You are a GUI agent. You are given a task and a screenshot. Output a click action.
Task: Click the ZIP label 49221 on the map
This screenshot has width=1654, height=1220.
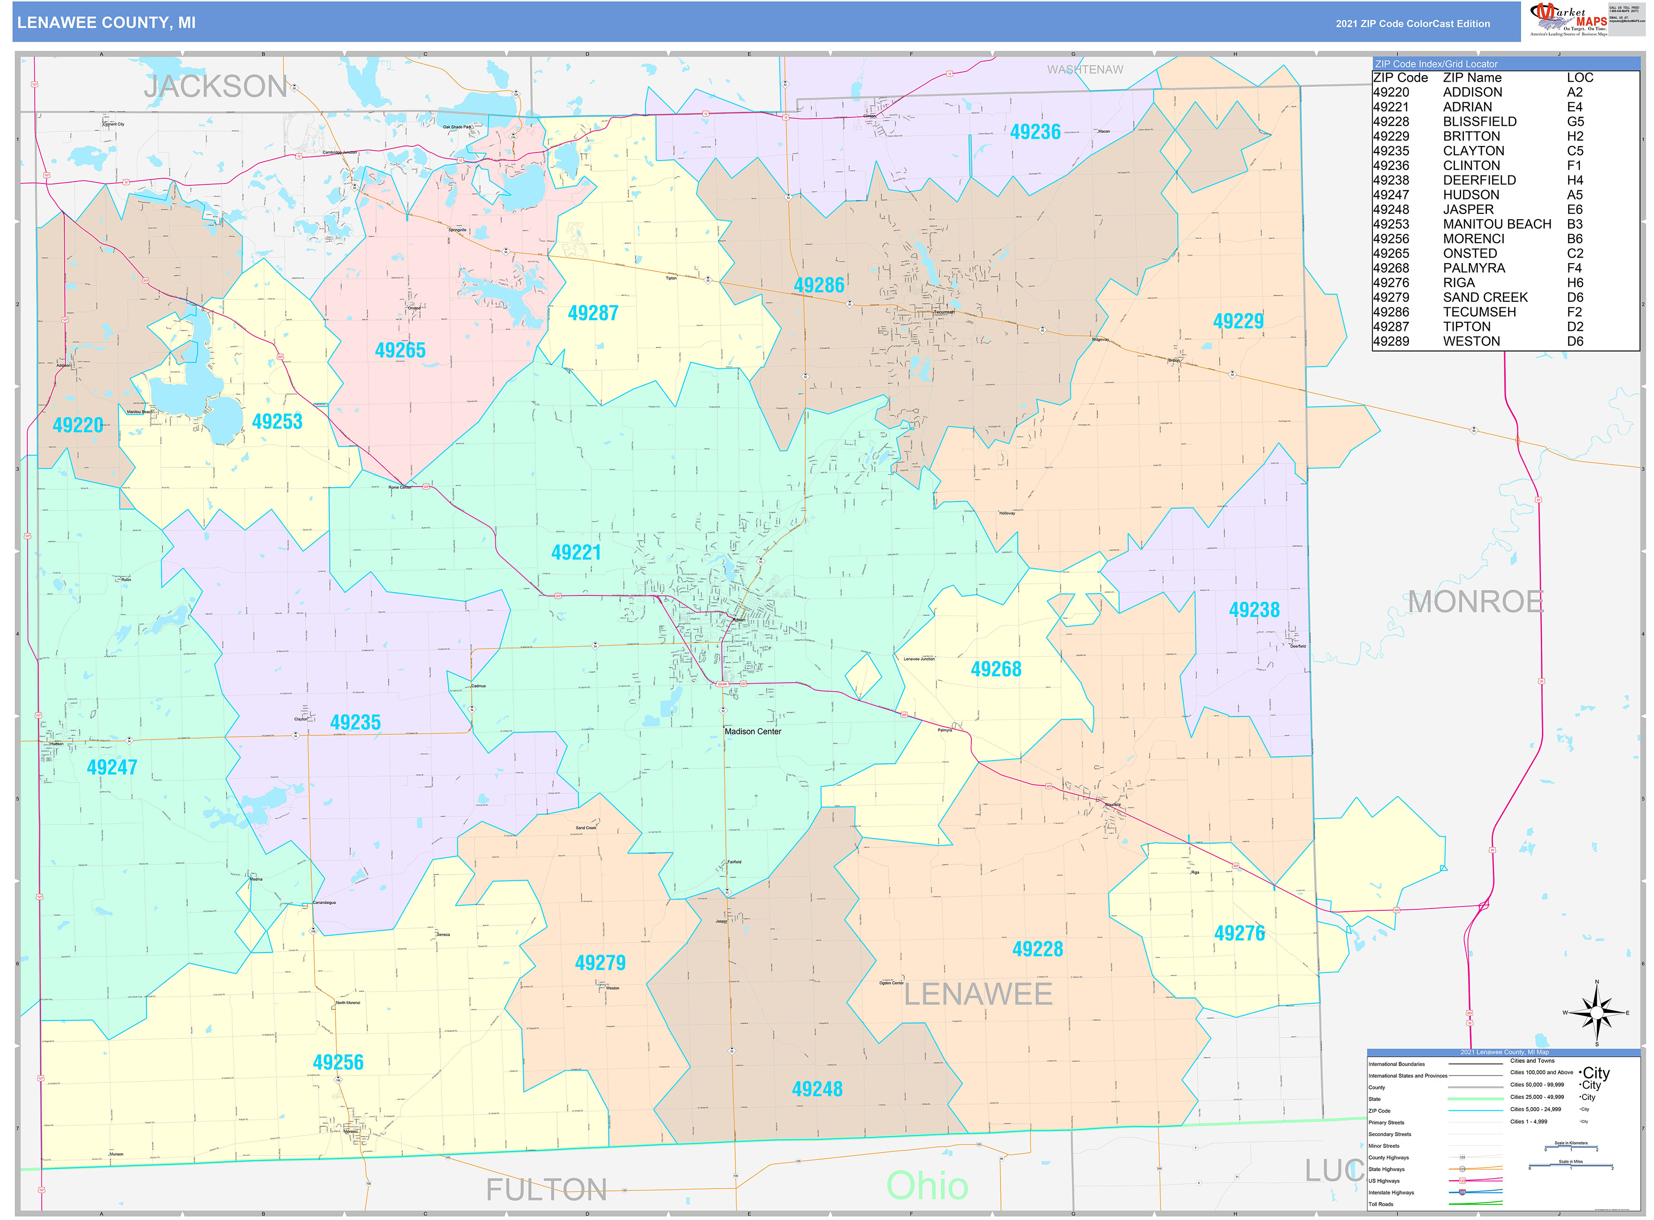pos(576,552)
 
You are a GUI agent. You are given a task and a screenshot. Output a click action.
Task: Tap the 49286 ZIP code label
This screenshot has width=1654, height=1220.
pos(818,285)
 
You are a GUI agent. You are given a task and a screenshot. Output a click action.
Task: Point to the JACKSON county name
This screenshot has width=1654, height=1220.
pos(215,86)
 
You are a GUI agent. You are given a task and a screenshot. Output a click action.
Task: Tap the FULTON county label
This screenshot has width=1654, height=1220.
pos(546,1189)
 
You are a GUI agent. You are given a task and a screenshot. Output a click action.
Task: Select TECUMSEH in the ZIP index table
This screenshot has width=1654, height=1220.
pos(1478,312)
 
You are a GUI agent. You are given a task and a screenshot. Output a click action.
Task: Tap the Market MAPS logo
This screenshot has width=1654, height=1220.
pos(1568,18)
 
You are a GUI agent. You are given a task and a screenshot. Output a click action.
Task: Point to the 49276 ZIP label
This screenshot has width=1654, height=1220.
pos(1239,933)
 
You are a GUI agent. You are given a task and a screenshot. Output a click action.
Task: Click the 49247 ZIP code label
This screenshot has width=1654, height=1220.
pos(112,767)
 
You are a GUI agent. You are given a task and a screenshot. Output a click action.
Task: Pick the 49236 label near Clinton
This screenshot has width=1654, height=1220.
pos(1034,132)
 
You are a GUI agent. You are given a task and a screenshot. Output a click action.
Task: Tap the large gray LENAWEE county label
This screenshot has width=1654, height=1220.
pos(977,994)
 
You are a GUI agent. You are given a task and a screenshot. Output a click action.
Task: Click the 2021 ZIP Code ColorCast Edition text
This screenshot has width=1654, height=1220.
pos(1412,23)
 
